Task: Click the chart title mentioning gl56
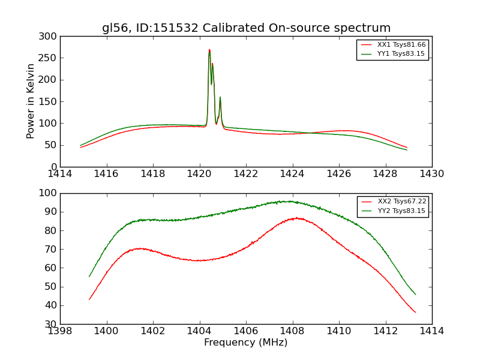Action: click(x=246, y=28)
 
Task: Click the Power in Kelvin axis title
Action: click(x=31, y=101)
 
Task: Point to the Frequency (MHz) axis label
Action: click(x=246, y=343)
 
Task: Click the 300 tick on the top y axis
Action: click(x=50, y=37)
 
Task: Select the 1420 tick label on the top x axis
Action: click(x=200, y=174)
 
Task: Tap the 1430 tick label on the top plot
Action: click(x=432, y=174)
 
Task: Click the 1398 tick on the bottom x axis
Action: click(x=60, y=331)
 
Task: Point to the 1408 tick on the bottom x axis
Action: click(x=292, y=331)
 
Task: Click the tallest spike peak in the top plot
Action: click(x=209, y=50)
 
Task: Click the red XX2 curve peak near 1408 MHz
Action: click(x=295, y=218)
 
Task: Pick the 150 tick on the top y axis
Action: click(x=50, y=101)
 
